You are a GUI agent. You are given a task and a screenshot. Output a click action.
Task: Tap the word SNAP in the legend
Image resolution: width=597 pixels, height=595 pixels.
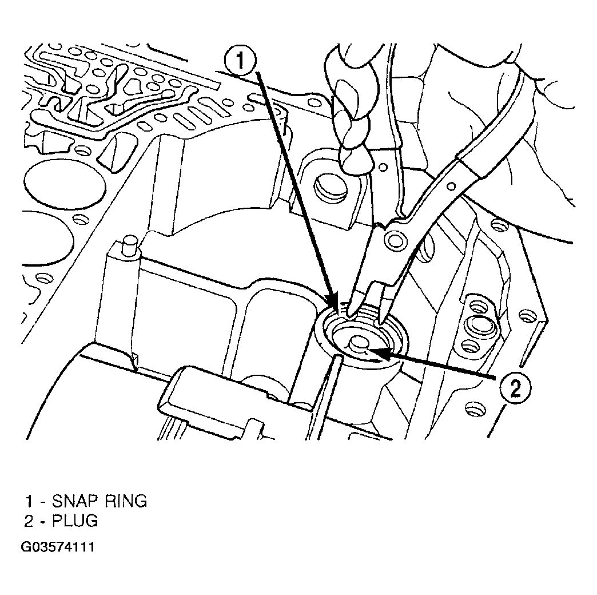pyautogui.click(x=75, y=501)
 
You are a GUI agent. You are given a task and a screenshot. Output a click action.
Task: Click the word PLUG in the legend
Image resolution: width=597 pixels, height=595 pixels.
pyautogui.click(x=75, y=521)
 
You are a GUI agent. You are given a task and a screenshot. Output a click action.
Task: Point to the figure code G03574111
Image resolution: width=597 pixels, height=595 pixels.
pyautogui.click(x=58, y=548)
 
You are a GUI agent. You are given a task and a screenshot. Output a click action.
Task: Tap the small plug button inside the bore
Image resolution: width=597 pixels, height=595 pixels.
pyautogui.click(x=358, y=343)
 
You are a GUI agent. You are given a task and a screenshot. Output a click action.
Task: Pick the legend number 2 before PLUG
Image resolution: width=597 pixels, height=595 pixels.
pyautogui.click(x=29, y=521)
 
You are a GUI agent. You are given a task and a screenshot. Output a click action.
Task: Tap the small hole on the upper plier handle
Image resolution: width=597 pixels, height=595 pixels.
pyautogui.click(x=451, y=187)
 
